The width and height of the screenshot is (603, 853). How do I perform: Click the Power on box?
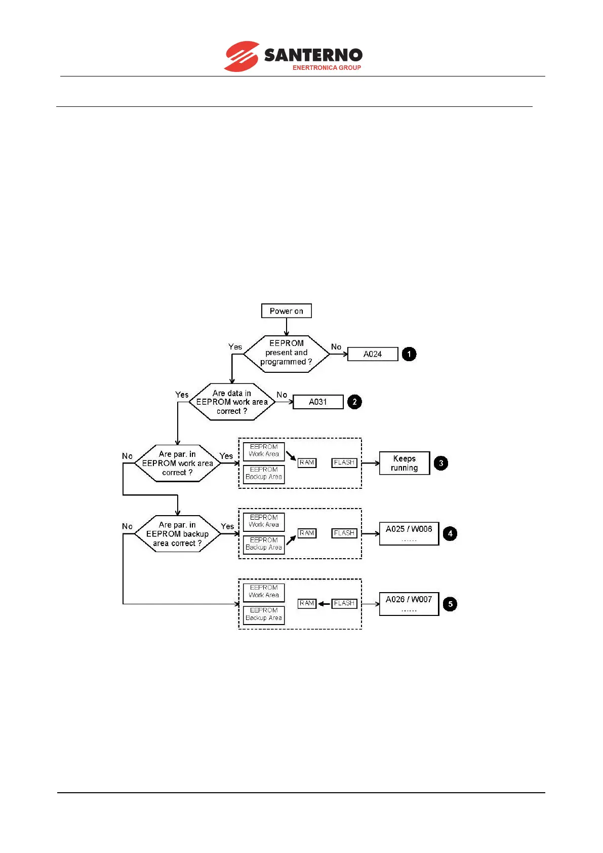point(286,311)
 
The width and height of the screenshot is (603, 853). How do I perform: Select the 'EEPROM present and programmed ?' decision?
point(286,353)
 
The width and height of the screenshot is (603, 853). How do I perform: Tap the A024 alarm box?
point(373,354)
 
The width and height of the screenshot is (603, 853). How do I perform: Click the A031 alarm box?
point(318,402)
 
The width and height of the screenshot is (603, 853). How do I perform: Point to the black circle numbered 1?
point(409,354)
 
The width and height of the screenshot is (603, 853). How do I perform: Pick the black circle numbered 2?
point(354,402)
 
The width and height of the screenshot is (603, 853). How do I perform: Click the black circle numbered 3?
point(441,463)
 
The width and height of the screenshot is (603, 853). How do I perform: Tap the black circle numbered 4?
point(450,533)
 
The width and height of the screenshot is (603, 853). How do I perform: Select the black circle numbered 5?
point(450,604)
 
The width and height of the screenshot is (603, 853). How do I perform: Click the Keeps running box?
point(404,463)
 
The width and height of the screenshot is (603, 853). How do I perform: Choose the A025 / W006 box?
point(409,533)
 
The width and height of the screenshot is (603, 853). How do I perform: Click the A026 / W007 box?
point(409,604)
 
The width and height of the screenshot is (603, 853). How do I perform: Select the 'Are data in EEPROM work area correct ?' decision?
point(232,402)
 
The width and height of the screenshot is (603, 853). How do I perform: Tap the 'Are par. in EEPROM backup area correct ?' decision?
point(177,534)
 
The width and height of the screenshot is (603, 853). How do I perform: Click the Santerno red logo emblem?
point(242,56)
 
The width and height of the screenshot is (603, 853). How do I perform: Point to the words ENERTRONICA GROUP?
point(327,68)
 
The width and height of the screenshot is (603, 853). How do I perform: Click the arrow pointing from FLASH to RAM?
point(324,604)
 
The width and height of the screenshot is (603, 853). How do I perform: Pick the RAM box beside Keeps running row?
point(307,463)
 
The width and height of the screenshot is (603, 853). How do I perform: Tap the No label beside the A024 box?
point(336,347)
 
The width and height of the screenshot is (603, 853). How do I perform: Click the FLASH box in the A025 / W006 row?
point(344,533)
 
